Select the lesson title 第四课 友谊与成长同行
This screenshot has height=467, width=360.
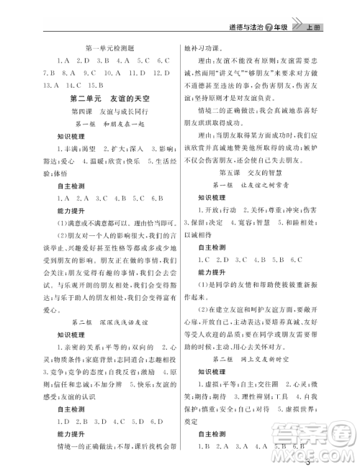coord(108,111)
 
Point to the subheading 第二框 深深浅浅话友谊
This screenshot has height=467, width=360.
coord(108,319)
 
